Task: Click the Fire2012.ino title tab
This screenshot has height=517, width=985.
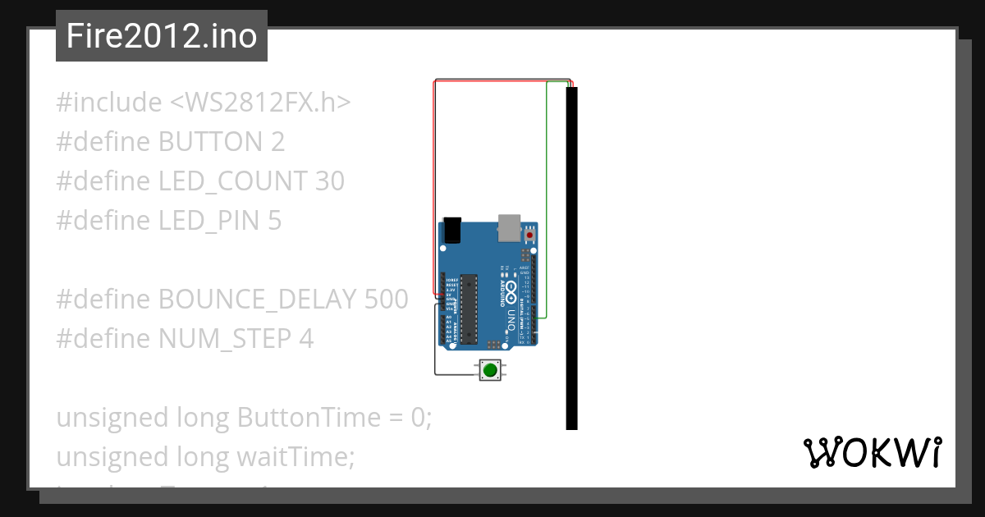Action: (x=161, y=36)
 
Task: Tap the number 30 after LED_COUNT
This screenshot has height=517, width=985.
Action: (x=329, y=181)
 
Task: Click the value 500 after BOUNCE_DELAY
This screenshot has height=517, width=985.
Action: (x=385, y=299)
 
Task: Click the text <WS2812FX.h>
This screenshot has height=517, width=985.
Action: (x=261, y=103)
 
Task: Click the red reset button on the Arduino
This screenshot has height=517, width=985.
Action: (x=529, y=236)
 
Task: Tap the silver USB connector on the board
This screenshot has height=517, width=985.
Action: (x=509, y=228)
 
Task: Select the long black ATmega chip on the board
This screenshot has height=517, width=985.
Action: (x=468, y=308)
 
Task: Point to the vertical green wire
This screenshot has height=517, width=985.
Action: (x=547, y=197)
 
